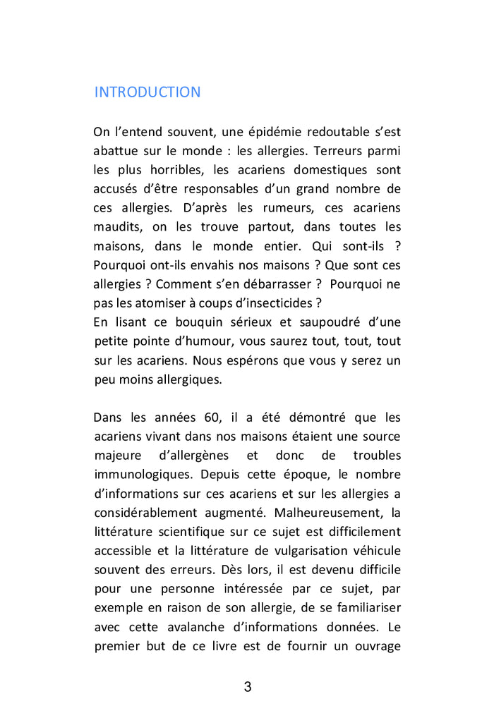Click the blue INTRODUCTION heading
coord(147,92)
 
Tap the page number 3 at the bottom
coord(247,687)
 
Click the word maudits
coord(114,227)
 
